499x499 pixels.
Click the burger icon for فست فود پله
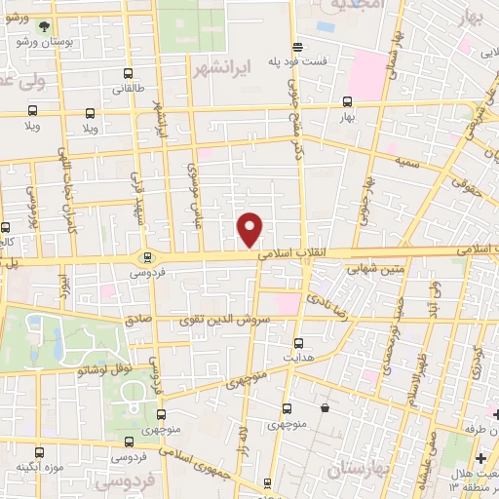pyautogui.click(x=297, y=46)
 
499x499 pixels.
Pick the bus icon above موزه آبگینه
pyautogui.click(x=41, y=452)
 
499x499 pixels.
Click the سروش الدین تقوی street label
pyautogui.click(x=222, y=320)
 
